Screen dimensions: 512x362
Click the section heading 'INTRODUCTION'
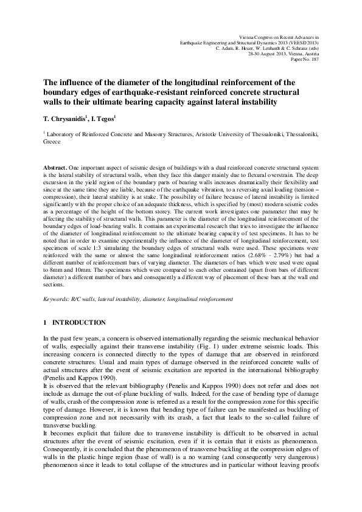[x=79, y=322]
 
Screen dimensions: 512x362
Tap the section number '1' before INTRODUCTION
[x=46, y=322]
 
